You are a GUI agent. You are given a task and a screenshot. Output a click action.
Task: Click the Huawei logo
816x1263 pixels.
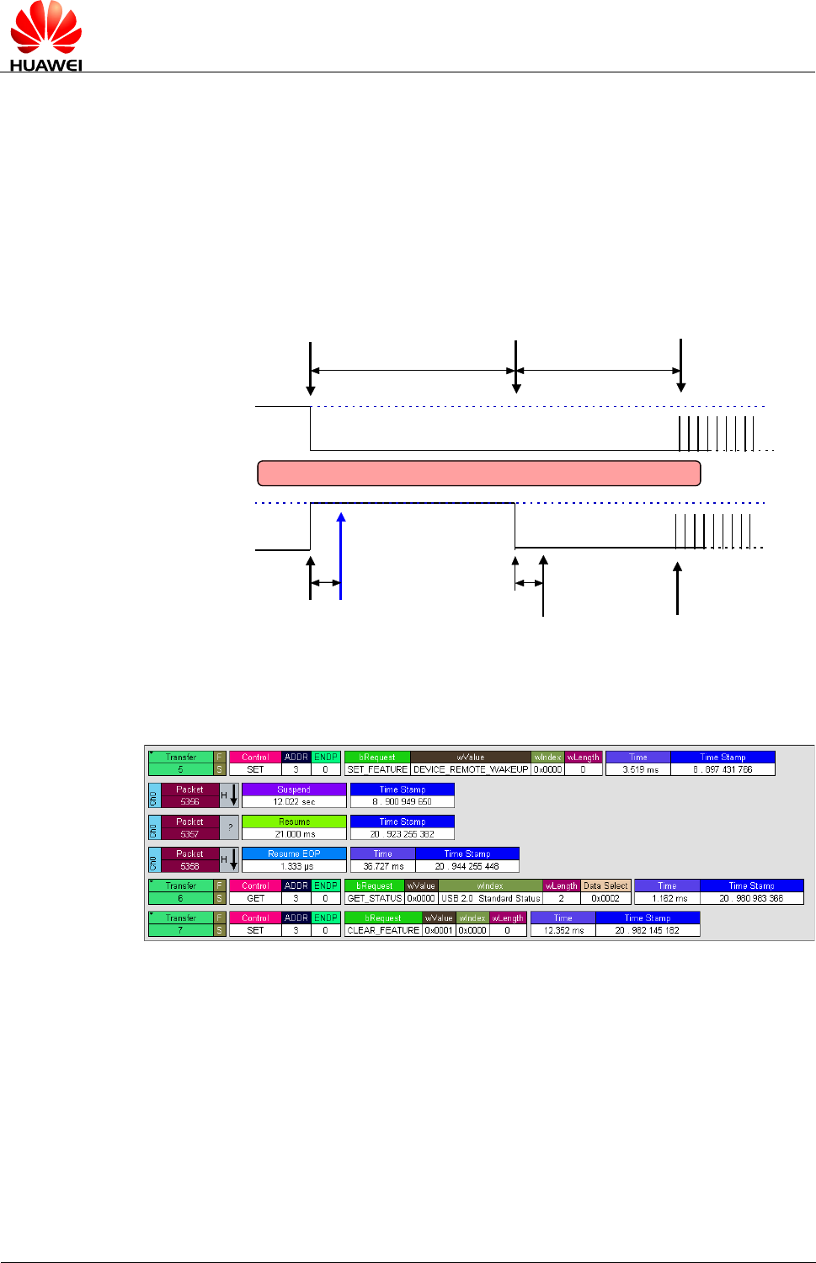[x=45, y=36]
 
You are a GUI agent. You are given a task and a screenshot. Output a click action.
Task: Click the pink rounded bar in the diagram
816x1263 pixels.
[x=478, y=474]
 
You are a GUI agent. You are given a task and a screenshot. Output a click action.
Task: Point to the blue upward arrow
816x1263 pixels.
[x=340, y=556]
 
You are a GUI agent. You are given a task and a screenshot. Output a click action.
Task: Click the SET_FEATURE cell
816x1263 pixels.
[x=377, y=769]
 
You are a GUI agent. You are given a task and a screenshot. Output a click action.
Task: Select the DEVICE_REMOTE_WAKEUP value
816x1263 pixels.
[x=471, y=769]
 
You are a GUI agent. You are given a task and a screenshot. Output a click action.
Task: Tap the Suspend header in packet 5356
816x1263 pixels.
[x=294, y=789]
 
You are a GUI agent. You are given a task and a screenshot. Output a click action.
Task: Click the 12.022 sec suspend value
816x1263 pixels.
[x=294, y=802]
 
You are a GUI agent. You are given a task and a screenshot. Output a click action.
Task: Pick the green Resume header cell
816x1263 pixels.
[x=294, y=821]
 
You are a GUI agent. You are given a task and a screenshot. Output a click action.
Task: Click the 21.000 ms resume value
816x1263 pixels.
[x=294, y=834]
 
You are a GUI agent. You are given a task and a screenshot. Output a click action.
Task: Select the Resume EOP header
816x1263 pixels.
[x=294, y=854]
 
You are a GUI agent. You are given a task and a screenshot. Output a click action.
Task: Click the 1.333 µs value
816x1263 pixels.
[x=294, y=866]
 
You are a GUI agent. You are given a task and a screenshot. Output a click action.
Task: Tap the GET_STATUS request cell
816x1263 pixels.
[x=375, y=898]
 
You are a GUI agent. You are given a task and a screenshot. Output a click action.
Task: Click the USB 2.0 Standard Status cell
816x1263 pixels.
[x=490, y=898]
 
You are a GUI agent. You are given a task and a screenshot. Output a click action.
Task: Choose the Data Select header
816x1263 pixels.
[x=605, y=886]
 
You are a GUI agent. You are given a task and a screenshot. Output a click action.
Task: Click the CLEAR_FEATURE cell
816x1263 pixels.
[x=383, y=930]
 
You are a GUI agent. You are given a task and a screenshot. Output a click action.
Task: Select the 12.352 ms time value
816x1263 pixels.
[x=563, y=930]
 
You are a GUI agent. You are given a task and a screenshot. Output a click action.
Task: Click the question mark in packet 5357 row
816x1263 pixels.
[x=230, y=827]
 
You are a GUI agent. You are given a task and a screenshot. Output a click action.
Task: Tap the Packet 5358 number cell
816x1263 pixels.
[x=189, y=866]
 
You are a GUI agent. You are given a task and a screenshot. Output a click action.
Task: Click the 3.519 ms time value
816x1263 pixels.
[x=638, y=769]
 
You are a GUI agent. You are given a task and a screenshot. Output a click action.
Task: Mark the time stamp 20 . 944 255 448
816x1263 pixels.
[x=467, y=866]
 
